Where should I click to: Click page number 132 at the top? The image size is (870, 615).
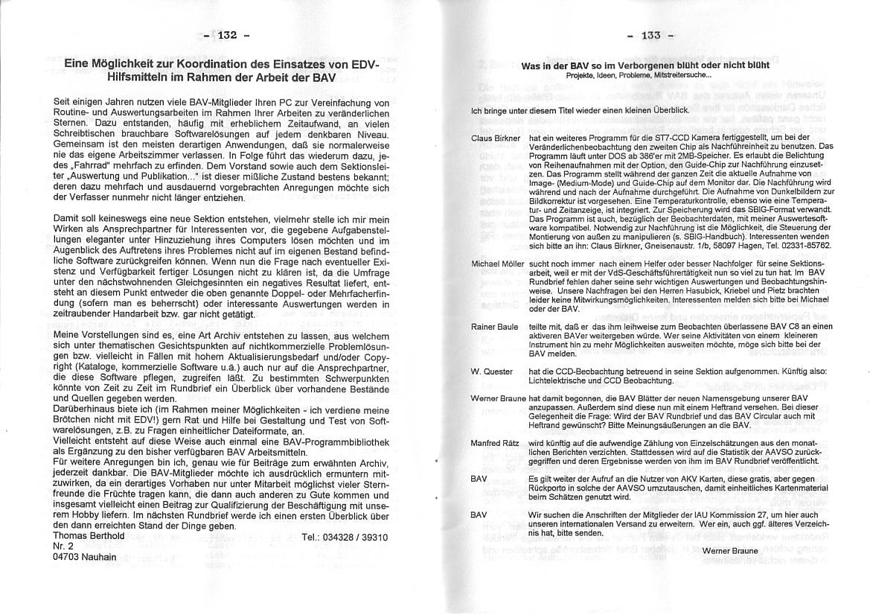coord(226,35)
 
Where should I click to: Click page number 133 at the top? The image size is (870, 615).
coord(650,35)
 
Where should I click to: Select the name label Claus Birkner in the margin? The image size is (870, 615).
coord(496,138)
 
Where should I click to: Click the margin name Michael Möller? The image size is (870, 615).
coord(498,264)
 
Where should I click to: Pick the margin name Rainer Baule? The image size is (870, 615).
coord(494,327)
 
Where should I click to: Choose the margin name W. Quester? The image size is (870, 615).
coord(491,372)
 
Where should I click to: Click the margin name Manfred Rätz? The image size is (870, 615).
coord(495,443)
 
